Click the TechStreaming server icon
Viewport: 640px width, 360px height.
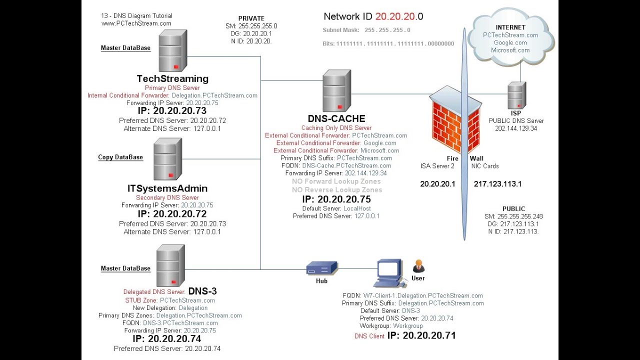pyautogui.click(x=173, y=50)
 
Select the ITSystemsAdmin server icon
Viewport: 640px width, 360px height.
pyautogui.click(x=167, y=159)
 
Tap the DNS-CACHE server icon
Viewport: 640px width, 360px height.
pyautogui.click(x=337, y=90)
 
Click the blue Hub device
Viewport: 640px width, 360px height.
pyautogui.click(x=322, y=268)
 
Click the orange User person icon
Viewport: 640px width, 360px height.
pyautogui.click(x=418, y=266)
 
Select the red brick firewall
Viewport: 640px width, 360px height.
pyautogui.click(x=455, y=120)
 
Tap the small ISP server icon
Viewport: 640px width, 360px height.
pyautogui.click(x=517, y=95)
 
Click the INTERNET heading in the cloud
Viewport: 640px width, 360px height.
pyautogui.click(x=510, y=27)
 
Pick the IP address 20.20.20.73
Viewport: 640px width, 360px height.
pyautogui.click(x=179, y=111)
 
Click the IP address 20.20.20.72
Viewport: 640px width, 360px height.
pyautogui.click(x=179, y=213)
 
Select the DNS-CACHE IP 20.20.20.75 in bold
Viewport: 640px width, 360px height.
pyautogui.click(x=344, y=199)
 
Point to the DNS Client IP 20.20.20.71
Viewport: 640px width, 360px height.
pyautogui.click(x=429, y=335)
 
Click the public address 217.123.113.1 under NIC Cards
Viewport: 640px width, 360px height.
pyautogui.click(x=497, y=184)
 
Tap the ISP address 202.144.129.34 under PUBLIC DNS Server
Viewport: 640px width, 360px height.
pyautogui.click(x=516, y=128)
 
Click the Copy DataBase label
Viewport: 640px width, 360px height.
pyautogui.click(x=120, y=157)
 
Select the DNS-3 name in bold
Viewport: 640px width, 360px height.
pyautogui.click(x=202, y=291)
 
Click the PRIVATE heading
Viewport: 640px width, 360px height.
pyautogui.click(x=251, y=18)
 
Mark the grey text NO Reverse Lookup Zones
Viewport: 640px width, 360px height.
pyautogui.click(x=337, y=189)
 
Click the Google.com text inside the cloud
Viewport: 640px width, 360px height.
pyautogui.click(x=510, y=42)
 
